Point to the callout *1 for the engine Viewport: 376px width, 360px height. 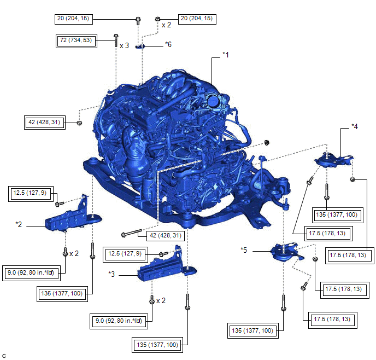click(226, 55)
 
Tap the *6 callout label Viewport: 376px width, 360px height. click(168, 44)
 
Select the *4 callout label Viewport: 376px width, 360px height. click(355, 126)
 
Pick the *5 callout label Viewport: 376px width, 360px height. click(244, 250)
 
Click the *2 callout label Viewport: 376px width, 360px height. click(19, 224)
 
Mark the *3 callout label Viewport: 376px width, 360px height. click(111, 274)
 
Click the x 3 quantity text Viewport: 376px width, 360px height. click(124, 45)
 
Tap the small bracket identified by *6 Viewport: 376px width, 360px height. click(140, 46)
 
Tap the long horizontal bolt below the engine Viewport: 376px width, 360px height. click(132, 233)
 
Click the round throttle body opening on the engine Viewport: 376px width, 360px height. click(213, 101)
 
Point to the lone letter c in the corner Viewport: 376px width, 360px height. click(4, 356)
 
